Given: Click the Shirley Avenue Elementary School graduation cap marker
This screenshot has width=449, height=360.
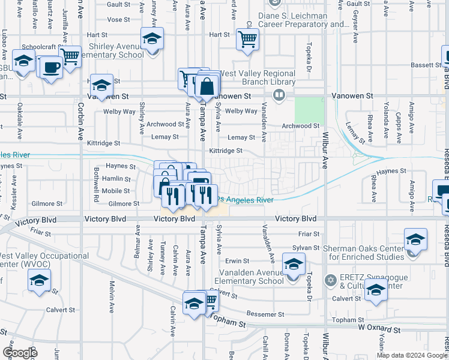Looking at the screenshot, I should pyautogui.click(x=152, y=40).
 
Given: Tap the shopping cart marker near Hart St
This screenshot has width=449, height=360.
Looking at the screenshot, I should pyautogui.click(x=247, y=40).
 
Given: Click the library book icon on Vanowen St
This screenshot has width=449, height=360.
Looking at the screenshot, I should pyautogui.click(x=279, y=95).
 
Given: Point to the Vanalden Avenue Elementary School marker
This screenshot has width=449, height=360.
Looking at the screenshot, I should pyautogui.click(x=293, y=265).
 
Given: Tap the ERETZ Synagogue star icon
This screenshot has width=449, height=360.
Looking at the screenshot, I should pyautogui.click(x=330, y=280).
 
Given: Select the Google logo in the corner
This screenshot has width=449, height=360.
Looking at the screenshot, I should pyautogui.click(x=20, y=352).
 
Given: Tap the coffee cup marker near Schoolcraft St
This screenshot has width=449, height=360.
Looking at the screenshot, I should pyautogui.click(x=52, y=67).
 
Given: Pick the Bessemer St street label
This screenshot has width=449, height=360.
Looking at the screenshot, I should pyautogui.click(x=265, y=314).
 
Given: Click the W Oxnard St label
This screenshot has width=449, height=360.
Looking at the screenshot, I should pyautogui.click(x=379, y=329).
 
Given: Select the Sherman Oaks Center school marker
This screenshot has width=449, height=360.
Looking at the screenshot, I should pyautogui.click(x=415, y=240).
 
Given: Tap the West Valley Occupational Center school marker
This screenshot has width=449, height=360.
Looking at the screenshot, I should pyautogui.click(x=40, y=280).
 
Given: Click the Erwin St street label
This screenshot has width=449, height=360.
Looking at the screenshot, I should pyautogui.click(x=237, y=261).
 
